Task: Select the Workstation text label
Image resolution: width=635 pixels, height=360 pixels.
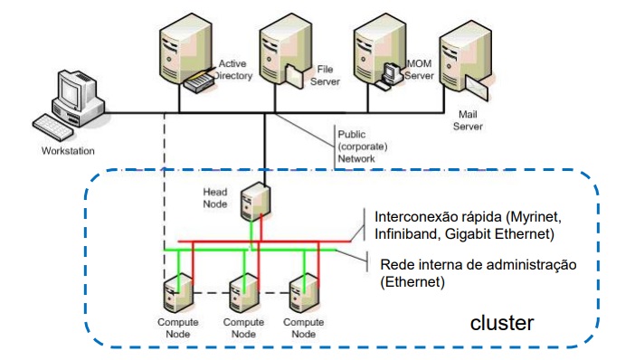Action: click(x=68, y=151)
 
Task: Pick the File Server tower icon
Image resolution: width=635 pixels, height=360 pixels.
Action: click(x=277, y=52)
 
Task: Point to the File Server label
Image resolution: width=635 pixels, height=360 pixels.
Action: click(x=327, y=74)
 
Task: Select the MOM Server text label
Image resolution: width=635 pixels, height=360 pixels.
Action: click(x=419, y=71)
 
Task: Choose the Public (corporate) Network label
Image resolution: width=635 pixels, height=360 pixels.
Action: click(x=363, y=144)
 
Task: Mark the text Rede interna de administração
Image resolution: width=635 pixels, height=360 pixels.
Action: click(x=478, y=264)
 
